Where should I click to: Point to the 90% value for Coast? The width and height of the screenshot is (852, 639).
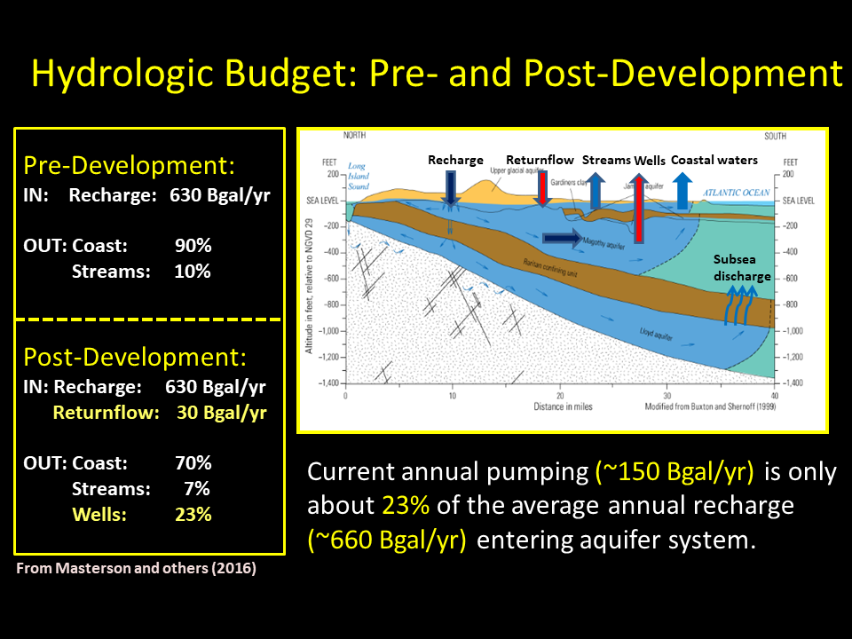click(193, 245)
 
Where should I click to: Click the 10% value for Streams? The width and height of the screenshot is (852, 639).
click(193, 272)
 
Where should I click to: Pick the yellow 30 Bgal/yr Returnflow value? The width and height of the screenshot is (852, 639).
click(222, 413)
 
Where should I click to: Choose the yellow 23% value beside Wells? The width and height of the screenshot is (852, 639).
click(193, 514)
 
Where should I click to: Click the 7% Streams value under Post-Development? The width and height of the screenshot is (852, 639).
click(199, 488)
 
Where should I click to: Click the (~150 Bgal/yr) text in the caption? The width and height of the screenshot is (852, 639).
click(674, 472)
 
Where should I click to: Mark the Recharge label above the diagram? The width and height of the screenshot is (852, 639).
click(455, 161)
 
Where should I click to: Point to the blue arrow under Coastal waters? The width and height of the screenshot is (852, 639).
click(682, 189)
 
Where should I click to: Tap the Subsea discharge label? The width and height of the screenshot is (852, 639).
click(741, 268)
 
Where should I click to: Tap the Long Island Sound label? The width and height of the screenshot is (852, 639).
click(357, 177)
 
